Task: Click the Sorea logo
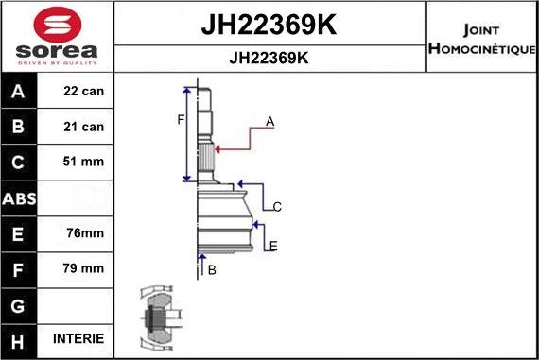tap(57, 36)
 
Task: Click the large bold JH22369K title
tap(269, 24)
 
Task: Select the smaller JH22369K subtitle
tap(269, 57)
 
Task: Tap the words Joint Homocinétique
tap(481, 36)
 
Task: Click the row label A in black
tap(19, 92)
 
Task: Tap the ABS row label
tap(19, 197)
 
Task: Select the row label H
tap(19, 338)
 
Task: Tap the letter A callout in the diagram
tap(269, 122)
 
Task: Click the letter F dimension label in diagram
tap(180, 119)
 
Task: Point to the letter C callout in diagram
tap(277, 206)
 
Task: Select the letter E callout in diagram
tap(273, 247)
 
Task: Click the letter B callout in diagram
tap(212, 270)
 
